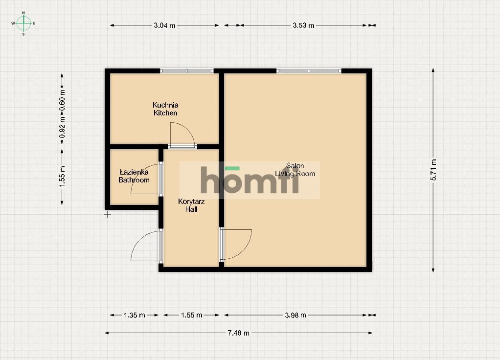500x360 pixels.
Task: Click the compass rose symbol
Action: [23, 23]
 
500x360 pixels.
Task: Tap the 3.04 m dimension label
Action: [164, 25]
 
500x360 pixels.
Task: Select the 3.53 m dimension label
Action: [303, 25]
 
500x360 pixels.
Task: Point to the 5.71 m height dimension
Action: [433, 170]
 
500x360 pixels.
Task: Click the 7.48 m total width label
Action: [239, 333]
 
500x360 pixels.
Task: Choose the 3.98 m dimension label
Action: [295, 315]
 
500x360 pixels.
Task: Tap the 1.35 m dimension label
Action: [134, 315]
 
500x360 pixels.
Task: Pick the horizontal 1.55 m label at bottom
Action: [192, 315]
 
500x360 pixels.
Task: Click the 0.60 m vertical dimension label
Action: [62, 100]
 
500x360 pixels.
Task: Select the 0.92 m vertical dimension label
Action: [62, 127]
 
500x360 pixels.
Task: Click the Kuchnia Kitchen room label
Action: [165, 109]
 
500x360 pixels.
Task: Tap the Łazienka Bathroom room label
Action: [134, 176]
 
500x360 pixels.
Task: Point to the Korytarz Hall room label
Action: [191, 205]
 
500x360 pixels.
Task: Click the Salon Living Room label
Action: [295, 170]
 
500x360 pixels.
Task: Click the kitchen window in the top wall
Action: [186, 71]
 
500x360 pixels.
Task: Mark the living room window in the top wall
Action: [309, 71]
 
